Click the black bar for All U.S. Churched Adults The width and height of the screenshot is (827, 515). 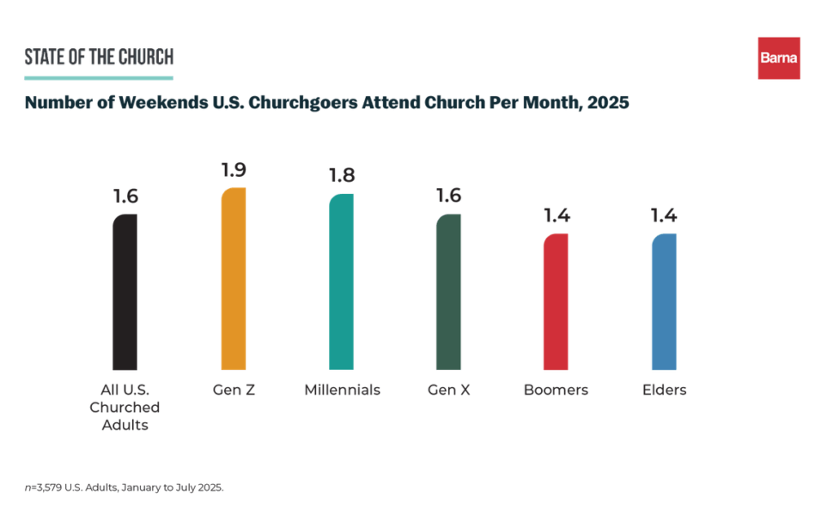125,292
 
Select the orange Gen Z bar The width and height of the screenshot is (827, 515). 234,279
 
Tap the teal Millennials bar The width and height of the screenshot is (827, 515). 342,282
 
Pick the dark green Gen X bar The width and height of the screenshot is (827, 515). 448,292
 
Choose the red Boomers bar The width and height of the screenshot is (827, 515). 556,301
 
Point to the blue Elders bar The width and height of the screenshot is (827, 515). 664,301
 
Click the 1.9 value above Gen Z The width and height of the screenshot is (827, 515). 234,170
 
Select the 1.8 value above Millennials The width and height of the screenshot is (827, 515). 342,176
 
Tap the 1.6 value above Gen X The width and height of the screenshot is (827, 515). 448,196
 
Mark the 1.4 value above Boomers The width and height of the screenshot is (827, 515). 556,215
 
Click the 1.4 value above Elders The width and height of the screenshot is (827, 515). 664,215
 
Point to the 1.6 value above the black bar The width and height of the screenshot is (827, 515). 125,197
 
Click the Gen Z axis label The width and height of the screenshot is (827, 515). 234,390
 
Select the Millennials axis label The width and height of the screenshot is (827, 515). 342,390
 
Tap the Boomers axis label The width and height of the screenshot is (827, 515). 556,390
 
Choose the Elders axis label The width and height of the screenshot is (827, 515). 664,390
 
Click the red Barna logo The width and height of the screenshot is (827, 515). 778,58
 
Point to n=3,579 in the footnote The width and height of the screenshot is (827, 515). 44,487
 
